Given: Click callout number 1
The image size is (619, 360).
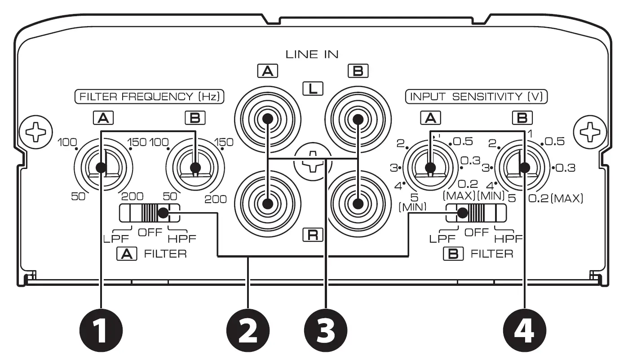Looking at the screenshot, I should click(102, 333).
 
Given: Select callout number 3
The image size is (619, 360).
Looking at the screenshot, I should click(326, 333).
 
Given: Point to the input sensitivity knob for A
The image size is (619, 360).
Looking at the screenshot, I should click(430, 168).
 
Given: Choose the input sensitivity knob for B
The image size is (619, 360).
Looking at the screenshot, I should click(524, 168).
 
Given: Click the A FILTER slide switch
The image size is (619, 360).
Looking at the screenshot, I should click(149, 213).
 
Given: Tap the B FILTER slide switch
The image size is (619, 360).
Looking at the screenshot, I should click(475, 213).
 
